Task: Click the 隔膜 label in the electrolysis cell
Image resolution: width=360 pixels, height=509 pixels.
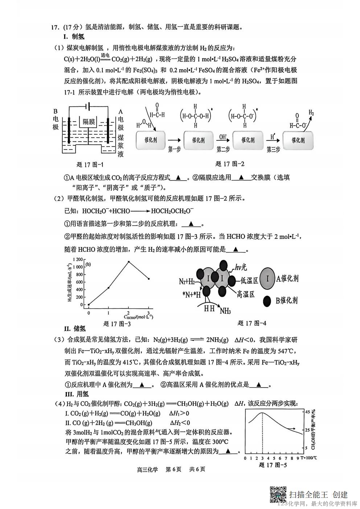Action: pos(89,122)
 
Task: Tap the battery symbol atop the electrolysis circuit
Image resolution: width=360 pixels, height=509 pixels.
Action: pos(87,106)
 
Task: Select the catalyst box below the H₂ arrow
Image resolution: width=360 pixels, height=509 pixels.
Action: pos(298,140)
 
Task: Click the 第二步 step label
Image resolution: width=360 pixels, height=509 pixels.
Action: pos(223,149)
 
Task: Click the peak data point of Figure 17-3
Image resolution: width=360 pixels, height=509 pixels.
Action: pos(128,262)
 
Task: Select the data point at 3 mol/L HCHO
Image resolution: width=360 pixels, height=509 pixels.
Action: pos(148,279)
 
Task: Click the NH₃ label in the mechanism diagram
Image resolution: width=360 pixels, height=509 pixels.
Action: pos(225,311)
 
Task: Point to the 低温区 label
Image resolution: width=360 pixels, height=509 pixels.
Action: pos(249,280)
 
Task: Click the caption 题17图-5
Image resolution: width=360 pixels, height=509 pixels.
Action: pos(273,465)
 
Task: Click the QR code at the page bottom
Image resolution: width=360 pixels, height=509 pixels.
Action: pos(278,494)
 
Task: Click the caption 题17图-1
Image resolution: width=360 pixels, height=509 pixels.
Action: pos(90,165)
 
